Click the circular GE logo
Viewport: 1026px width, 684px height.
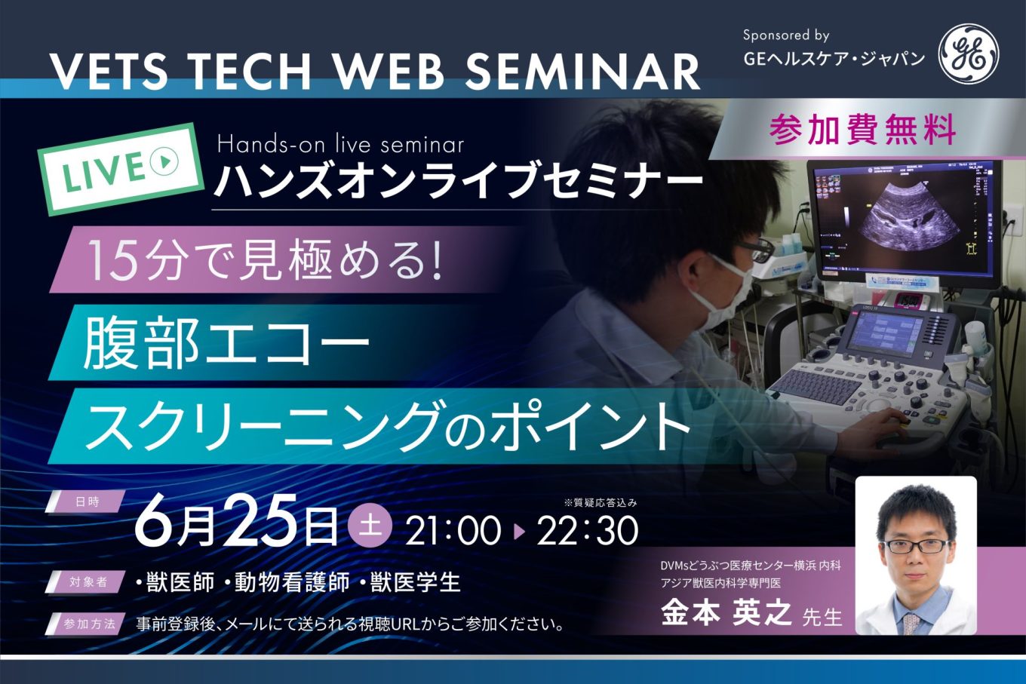(x=969, y=54)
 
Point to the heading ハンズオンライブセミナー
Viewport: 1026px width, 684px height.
(x=459, y=181)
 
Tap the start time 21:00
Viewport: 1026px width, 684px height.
(x=453, y=531)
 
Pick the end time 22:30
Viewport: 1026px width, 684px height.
(x=588, y=531)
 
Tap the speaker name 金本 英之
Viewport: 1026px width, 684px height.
(x=726, y=614)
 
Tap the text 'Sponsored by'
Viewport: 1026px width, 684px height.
(x=786, y=35)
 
